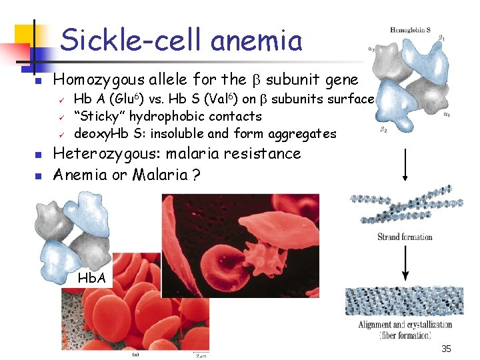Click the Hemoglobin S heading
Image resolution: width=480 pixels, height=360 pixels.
(x=410, y=30)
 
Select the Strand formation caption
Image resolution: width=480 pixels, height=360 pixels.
(x=405, y=237)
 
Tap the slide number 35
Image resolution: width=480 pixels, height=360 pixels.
(x=445, y=349)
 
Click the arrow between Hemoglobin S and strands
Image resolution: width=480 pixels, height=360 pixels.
(x=405, y=163)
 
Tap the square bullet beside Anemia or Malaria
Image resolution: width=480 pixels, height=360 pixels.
(x=39, y=176)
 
